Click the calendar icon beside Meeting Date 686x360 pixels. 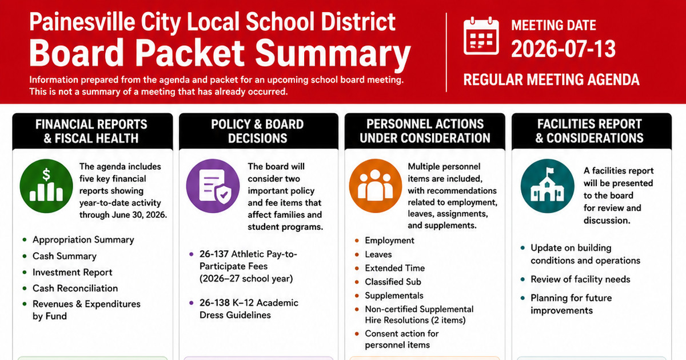click(x=481, y=36)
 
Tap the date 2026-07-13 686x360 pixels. click(x=563, y=49)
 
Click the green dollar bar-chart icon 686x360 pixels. click(x=46, y=186)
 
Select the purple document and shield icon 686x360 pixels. click(x=213, y=186)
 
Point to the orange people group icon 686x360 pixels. click(x=376, y=186)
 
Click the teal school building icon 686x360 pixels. click(x=547, y=186)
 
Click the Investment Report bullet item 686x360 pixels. click(x=72, y=272)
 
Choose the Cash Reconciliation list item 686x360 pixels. click(x=75, y=288)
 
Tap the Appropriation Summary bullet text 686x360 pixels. click(x=83, y=239)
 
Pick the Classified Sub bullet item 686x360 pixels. click(x=393, y=282)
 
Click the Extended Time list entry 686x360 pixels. click(x=395, y=268)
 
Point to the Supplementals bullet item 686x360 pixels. click(x=394, y=295)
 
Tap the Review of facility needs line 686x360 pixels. click(x=580, y=279)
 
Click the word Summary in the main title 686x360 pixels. click(x=333, y=54)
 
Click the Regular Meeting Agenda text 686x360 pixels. click(x=551, y=79)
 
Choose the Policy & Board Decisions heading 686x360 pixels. click(x=258, y=131)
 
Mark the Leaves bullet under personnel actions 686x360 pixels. click(x=378, y=254)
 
